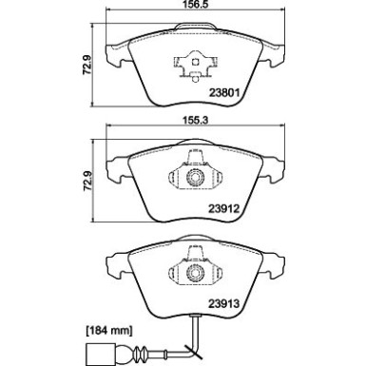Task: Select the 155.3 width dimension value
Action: [x=195, y=121]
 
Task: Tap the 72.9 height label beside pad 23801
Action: [x=87, y=65]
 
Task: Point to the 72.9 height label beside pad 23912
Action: [x=87, y=181]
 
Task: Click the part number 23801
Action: [x=224, y=92]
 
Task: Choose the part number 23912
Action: [x=223, y=209]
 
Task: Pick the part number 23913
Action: [x=223, y=304]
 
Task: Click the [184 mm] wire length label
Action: [x=108, y=331]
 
